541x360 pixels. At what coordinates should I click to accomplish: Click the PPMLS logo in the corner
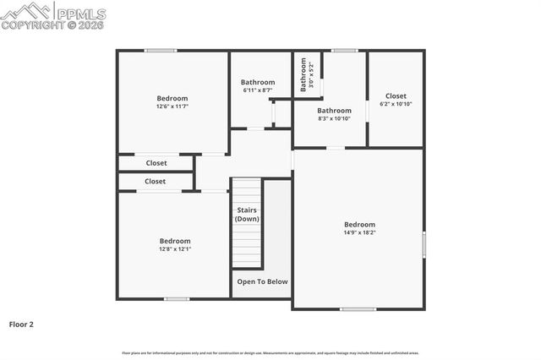53,14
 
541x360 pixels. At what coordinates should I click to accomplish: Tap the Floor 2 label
21,324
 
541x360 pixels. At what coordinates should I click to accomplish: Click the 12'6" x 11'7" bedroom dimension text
172,106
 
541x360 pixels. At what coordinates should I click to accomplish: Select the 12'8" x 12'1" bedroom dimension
175,249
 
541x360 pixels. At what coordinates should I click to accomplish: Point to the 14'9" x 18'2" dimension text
359,232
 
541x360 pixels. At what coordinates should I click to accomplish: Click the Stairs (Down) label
247,214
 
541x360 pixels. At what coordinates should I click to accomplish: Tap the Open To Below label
262,281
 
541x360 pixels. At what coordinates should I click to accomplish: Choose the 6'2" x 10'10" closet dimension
396,104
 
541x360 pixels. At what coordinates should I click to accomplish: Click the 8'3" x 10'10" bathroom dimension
334,119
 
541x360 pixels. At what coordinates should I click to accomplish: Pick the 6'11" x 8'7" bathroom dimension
258,90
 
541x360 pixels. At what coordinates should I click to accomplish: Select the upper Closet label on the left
156,163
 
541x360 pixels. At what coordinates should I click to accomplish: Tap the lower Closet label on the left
156,181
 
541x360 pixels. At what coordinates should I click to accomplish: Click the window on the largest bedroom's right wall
424,243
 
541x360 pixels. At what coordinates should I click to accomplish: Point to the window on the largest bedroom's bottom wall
358,308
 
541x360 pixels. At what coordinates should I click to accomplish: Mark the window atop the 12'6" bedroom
161,51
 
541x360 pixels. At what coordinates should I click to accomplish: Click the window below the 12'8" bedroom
177,298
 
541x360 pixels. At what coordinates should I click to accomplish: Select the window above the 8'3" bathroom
344,51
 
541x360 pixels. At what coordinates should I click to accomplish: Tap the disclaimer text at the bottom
270,352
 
